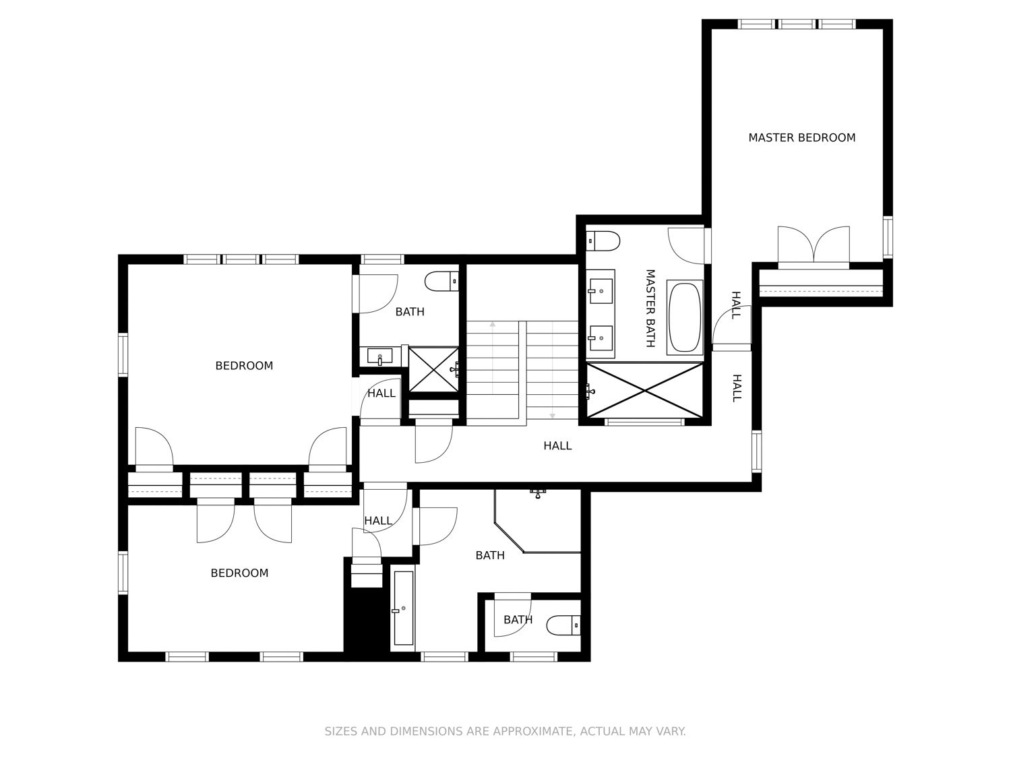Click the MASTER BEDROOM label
pos(801,137)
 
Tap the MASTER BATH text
pos(650,308)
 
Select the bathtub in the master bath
pos(684,317)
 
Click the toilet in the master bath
pos(603,241)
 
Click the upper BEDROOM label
pos(244,365)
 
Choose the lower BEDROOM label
pos(239,573)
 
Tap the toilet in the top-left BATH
pos(441,281)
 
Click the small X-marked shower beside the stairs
pos(433,369)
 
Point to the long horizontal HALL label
pos(557,445)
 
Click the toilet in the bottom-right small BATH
pos(563,625)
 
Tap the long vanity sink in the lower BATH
pos(404,608)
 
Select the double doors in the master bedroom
pos(814,245)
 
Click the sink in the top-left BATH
pos(380,356)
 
